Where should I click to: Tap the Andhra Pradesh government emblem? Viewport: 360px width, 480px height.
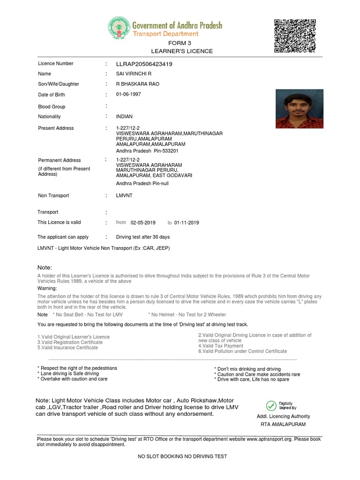click(x=119, y=29)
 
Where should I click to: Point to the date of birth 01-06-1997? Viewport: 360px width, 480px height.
click(x=128, y=94)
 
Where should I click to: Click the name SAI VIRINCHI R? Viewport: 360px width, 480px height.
click(x=134, y=74)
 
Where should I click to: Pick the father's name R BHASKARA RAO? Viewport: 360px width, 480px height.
click(x=138, y=84)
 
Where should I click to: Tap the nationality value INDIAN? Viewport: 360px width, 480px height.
click(x=124, y=117)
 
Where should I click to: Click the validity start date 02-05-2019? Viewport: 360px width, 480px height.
click(x=143, y=223)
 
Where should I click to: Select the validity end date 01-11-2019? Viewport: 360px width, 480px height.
click(x=187, y=223)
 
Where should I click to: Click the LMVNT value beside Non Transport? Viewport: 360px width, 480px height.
click(x=124, y=195)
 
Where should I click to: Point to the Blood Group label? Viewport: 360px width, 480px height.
click(x=52, y=107)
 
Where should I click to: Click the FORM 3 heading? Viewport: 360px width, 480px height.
click(x=182, y=43)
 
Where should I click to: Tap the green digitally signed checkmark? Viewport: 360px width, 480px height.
click(x=271, y=405)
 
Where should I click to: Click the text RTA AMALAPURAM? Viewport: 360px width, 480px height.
click(x=283, y=424)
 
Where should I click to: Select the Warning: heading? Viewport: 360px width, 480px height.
click(x=47, y=288)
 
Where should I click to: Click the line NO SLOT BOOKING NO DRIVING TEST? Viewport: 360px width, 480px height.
click(x=182, y=456)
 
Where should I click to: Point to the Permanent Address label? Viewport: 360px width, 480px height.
click(x=59, y=160)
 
